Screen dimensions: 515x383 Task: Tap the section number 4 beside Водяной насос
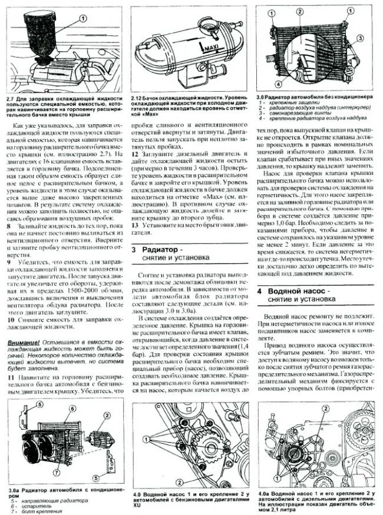coord(260,291)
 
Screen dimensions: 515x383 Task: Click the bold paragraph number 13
coord(135,224)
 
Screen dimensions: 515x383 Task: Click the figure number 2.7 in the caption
coord(12,97)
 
